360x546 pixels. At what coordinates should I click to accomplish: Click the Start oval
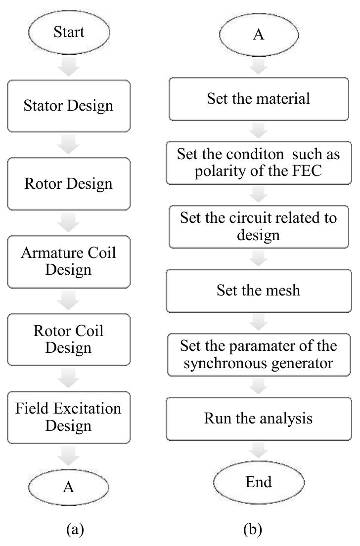69,33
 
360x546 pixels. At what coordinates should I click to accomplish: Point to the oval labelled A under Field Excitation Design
69,487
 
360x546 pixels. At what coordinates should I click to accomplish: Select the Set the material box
259,99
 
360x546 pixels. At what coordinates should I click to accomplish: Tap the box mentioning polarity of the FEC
259,161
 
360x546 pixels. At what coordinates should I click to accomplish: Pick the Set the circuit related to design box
259,225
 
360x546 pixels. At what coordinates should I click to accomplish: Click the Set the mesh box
259,290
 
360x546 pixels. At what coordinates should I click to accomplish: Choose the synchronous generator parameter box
259,354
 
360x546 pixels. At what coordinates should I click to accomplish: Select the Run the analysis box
259,419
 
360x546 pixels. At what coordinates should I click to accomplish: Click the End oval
259,481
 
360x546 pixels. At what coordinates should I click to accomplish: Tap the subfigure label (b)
252,530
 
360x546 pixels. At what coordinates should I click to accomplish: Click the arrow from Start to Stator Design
69,67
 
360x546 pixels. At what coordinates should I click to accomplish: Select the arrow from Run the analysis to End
259,450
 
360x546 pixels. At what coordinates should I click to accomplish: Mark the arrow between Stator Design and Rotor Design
69,144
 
